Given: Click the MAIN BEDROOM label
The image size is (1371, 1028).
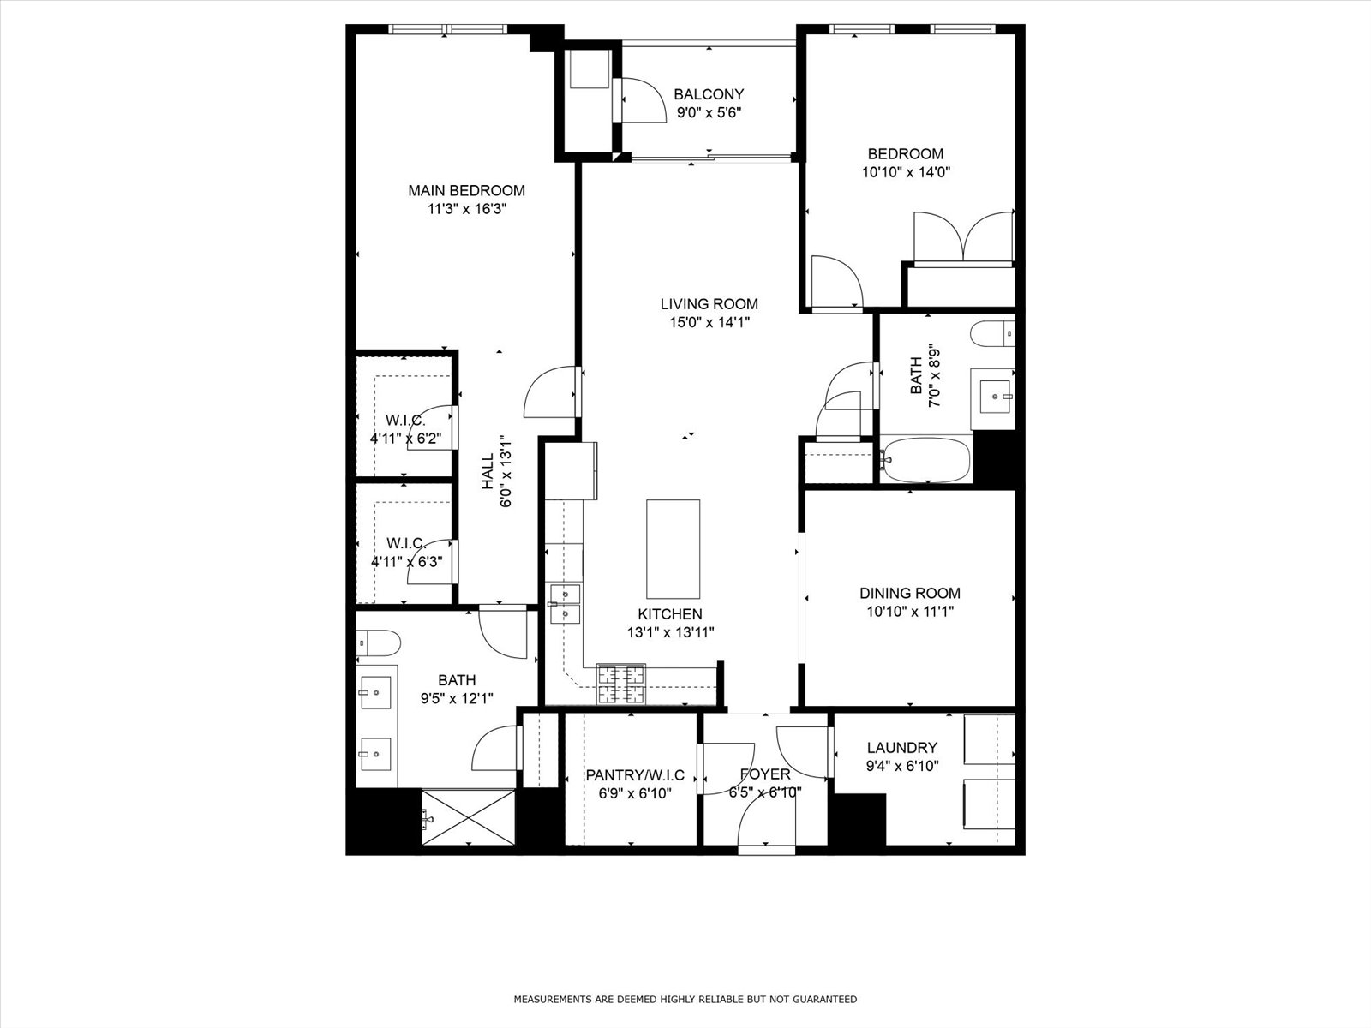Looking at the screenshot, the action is coord(467,190).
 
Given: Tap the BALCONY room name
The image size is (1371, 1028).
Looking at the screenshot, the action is coord(709,94).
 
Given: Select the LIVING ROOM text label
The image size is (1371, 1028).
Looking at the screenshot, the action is coord(709,304).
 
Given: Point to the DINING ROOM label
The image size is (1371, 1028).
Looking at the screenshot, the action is coord(910,593).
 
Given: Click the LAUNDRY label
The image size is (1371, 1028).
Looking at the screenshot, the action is coord(902,747).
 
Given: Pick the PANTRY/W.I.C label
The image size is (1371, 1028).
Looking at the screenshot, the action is coord(635,775).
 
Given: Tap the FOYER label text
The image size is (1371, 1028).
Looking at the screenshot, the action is coord(765,774).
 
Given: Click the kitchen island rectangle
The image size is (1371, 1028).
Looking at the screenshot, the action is coord(673,549).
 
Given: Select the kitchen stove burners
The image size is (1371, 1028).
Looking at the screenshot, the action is coord(620,684).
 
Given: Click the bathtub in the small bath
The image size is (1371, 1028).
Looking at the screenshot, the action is coord(925,460).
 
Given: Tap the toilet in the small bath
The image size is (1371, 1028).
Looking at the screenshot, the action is coord(992,333).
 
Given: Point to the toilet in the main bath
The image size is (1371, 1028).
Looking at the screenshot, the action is coord(378,642).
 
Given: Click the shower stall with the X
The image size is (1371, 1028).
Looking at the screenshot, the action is coord(469,817).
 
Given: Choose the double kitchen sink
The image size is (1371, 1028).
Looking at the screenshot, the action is coord(565,604).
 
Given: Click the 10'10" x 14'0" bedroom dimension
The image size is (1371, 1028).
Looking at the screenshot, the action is coord(906,172).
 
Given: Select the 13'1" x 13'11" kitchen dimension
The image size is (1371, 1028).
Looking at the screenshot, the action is coord(670,632).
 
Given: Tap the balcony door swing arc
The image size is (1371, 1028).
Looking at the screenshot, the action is coord(650,93).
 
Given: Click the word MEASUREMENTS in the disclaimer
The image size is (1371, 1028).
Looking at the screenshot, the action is coord(553,999).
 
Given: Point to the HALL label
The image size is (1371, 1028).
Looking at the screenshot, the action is coord(488,471).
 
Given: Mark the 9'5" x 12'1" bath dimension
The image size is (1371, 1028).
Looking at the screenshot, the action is coord(457,698).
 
